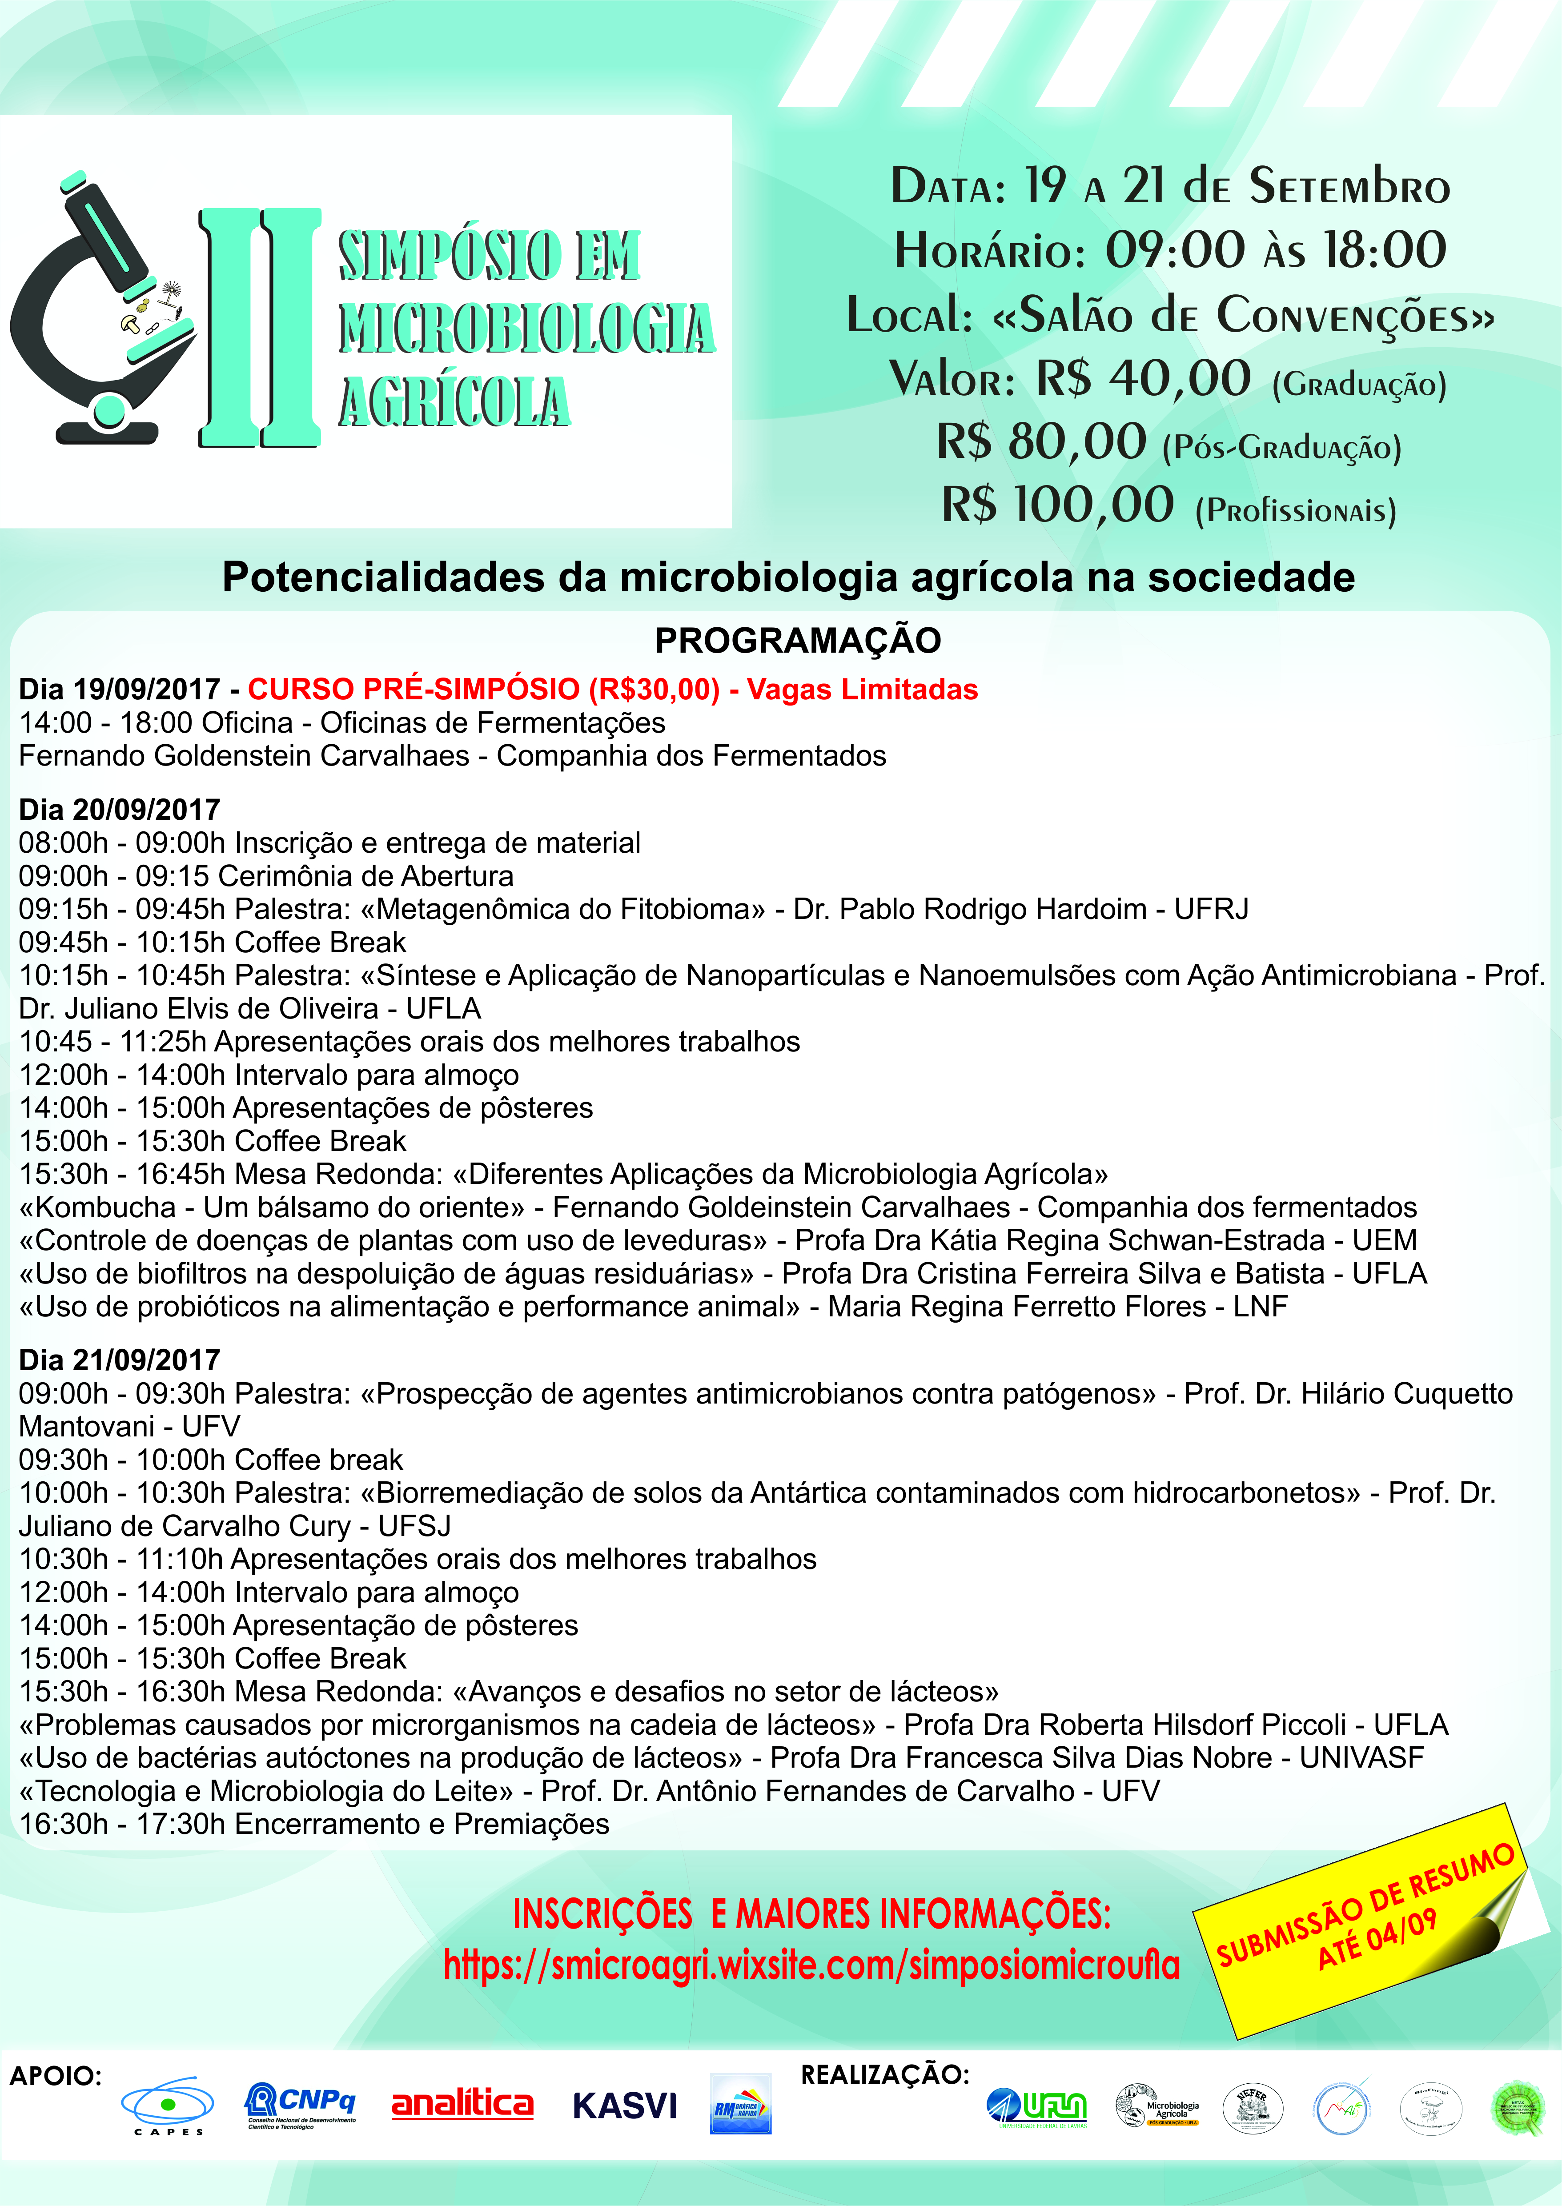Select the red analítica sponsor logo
(x=462, y=2104)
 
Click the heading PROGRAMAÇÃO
(x=797, y=641)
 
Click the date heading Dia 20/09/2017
(x=119, y=810)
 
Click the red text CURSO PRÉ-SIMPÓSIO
(x=414, y=690)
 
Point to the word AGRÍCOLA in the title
(x=454, y=402)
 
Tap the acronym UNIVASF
(x=1361, y=1758)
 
